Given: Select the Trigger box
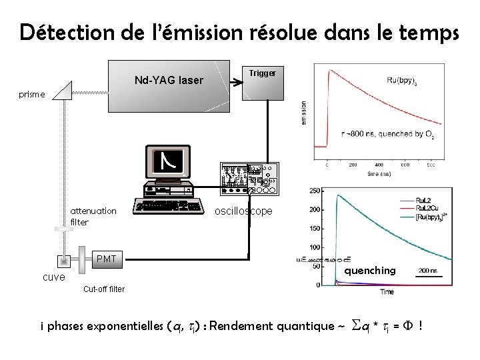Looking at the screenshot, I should (262, 81).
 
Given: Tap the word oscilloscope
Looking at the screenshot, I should (243, 211).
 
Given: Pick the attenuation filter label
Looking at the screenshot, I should (93, 216).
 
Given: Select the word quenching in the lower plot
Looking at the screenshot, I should (369, 270).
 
